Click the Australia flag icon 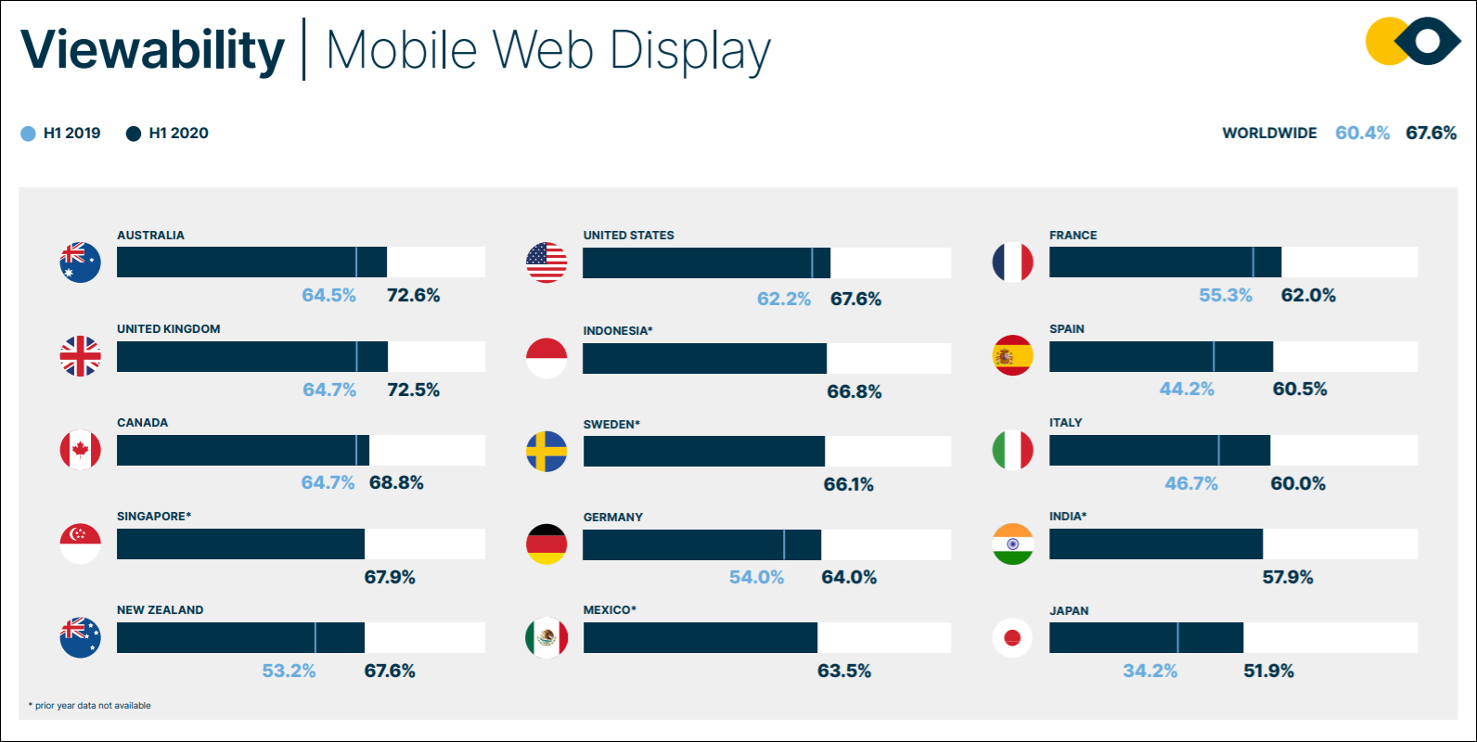81,262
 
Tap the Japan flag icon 1012,638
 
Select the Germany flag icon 546,544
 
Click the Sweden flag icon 546,452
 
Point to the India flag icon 1012,544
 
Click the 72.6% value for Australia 414,296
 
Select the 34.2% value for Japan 1149,671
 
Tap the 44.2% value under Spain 1187,390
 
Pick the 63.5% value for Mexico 844,671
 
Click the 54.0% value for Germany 756,577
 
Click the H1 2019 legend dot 29,134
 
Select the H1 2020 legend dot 134,134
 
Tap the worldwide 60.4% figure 1362,133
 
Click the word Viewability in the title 152,50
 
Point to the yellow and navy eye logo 1413,42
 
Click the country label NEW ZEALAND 161,610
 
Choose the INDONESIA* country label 618,331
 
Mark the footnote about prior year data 90,706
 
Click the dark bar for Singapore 240,544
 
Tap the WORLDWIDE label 1269,134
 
